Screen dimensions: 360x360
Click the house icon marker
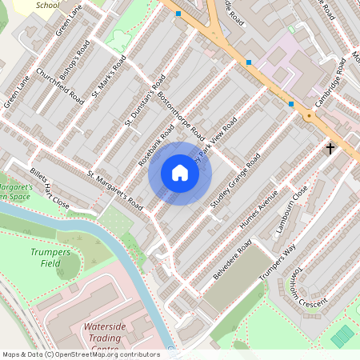[180, 173]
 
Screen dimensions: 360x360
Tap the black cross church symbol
[330, 148]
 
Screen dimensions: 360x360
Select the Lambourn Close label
[291, 210]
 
